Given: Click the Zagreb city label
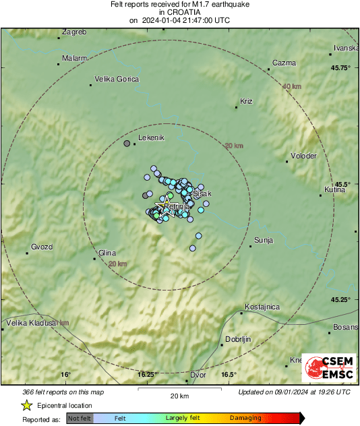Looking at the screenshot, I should coord(74,32).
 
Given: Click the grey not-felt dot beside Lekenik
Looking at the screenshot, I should coord(126,144).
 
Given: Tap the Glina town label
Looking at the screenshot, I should coord(107,253).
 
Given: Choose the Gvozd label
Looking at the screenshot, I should coord(42,247).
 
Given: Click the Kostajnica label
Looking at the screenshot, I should coord(263,307).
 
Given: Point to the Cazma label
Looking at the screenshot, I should coord(284,63).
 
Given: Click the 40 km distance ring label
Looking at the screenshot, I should coord(292,86).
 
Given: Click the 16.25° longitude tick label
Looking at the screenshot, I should coord(147,375).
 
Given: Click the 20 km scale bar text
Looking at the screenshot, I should coord(179,395).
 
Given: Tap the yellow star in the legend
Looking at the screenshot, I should coord(26,406).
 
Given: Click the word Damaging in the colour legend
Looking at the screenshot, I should coord(245,418).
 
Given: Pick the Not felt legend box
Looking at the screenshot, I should coord(80,418).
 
